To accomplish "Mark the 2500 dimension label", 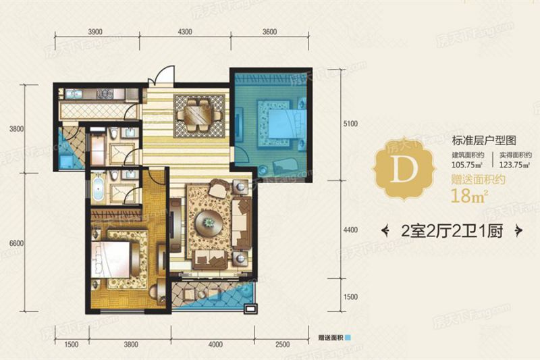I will click(x=281, y=345).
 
